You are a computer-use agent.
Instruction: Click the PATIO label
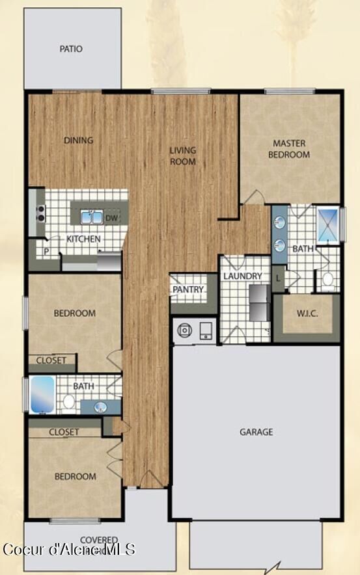(72, 49)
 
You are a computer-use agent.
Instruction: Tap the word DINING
(78, 140)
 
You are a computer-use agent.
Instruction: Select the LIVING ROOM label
(183, 155)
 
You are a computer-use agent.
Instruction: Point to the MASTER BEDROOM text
(291, 149)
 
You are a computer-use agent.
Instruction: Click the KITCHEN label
(84, 239)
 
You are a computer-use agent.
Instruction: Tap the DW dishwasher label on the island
(111, 218)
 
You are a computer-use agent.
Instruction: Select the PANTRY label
(188, 289)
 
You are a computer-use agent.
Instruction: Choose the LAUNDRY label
(242, 276)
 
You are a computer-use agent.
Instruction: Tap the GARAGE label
(256, 432)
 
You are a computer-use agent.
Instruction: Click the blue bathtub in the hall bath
(42, 395)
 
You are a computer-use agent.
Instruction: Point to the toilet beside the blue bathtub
(68, 401)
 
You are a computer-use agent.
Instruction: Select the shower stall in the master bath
(327, 224)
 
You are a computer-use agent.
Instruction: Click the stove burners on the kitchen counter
(40, 213)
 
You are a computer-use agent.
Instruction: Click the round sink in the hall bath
(100, 407)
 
